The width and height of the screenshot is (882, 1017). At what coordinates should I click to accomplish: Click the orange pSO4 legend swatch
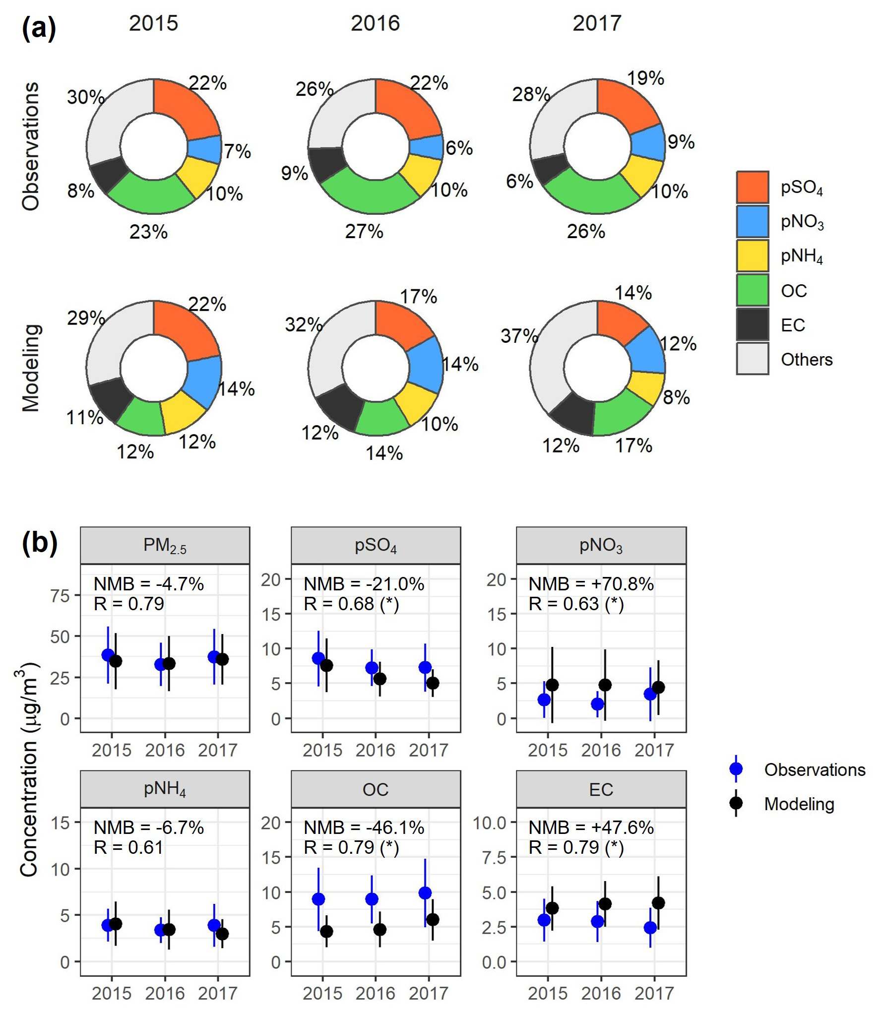[x=752, y=187]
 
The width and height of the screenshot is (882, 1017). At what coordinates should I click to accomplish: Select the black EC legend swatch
[x=752, y=324]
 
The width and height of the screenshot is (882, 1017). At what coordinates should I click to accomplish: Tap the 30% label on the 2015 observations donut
[x=85, y=97]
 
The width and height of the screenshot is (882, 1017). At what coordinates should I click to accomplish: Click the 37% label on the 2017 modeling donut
[x=519, y=336]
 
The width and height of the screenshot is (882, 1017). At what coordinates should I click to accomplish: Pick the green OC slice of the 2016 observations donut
[x=369, y=191]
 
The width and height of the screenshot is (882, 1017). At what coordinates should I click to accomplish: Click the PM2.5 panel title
[x=165, y=545]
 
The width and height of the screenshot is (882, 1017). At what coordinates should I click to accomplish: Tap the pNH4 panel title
[x=165, y=789]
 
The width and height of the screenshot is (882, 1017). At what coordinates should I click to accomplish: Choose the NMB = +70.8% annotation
[x=590, y=584]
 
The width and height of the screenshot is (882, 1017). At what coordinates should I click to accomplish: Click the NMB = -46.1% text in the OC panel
[x=364, y=827]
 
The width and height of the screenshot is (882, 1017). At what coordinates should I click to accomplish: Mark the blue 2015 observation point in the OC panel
[x=318, y=899]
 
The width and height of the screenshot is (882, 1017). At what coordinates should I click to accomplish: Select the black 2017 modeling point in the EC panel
[x=658, y=903]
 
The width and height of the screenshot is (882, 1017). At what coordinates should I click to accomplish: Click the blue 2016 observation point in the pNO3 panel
[x=597, y=703]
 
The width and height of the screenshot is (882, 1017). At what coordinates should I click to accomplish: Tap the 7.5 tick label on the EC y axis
[x=494, y=857]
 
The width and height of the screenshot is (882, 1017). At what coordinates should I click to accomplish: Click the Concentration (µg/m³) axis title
[x=29, y=769]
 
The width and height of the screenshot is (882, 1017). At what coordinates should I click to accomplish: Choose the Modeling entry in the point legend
[x=799, y=804]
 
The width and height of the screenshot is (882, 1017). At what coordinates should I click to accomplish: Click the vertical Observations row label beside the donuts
[x=31, y=146]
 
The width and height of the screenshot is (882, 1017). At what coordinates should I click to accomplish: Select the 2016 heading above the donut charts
[x=375, y=23]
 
